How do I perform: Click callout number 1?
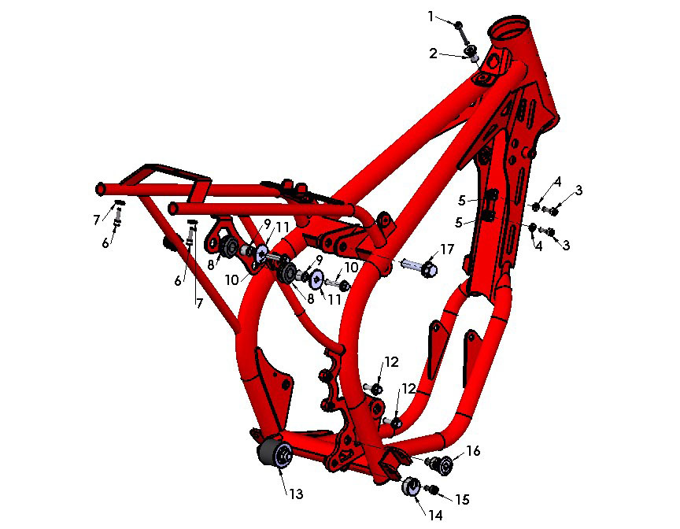pos(431,15)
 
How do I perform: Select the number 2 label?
pos(433,53)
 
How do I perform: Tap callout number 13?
pos(296,494)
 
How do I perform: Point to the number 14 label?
pos(435,514)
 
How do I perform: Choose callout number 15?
pos(462,499)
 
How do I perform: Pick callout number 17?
pos(447,250)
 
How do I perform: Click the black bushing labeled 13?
pos(276,455)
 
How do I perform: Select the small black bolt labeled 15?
pos(431,490)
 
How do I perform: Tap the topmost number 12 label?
pos(391,362)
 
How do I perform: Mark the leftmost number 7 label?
pos(97,218)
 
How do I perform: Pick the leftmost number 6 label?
pos(105,243)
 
